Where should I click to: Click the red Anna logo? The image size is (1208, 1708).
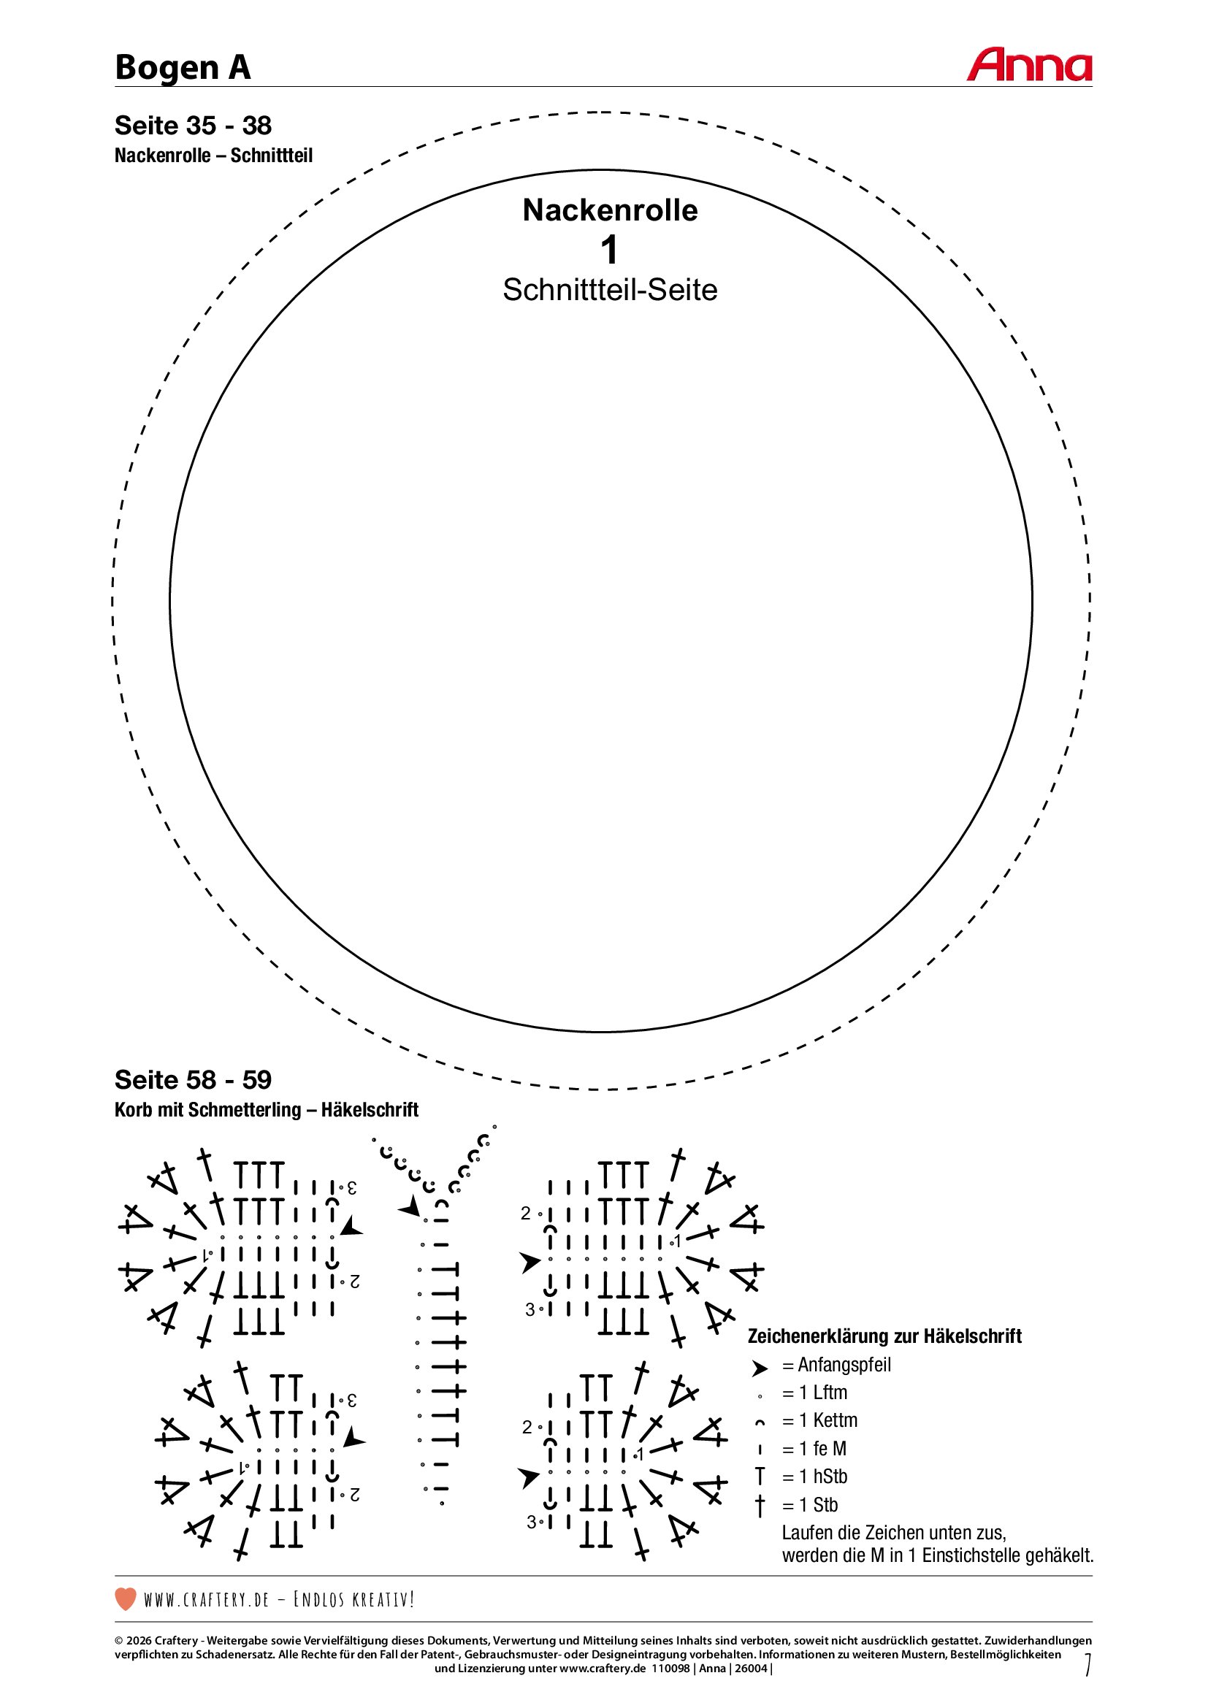pyautogui.click(x=1029, y=66)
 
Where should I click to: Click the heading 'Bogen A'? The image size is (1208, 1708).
pyautogui.click(x=183, y=68)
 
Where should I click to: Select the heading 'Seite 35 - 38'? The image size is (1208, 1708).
pyautogui.click(x=193, y=126)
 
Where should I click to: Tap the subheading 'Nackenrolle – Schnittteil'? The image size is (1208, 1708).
pyautogui.click(x=213, y=156)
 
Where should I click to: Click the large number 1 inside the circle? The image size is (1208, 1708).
pyautogui.click(x=609, y=250)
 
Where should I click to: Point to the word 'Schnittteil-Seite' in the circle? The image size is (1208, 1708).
pyautogui.click(x=610, y=290)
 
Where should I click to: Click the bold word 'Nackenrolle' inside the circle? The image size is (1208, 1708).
pyautogui.click(x=610, y=210)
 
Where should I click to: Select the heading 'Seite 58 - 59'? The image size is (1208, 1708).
pyautogui.click(x=193, y=1079)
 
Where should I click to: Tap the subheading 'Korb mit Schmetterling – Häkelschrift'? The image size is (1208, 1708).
pyautogui.click(x=267, y=1110)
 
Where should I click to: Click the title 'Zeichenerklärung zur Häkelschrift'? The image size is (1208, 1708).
pyautogui.click(x=884, y=1336)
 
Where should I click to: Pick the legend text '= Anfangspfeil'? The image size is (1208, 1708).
pyautogui.click(x=836, y=1365)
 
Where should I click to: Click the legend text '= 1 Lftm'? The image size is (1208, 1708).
pyautogui.click(x=814, y=1393)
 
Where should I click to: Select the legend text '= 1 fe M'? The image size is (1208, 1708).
pyautogui.click(x=814, y=1449)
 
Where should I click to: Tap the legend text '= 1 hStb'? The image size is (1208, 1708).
pyautogui.click(x=814, y=1477)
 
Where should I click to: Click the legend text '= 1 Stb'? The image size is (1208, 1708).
pyautogui.click(x=810, y=1505)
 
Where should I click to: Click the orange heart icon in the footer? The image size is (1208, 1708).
pyautogui.click(x=126, y=1598)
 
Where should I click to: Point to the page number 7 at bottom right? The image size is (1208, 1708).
pyautogui.click(x=1087, y=1664)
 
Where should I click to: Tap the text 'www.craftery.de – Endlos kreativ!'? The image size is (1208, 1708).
pyautogui.click(x=279, y=1599)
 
